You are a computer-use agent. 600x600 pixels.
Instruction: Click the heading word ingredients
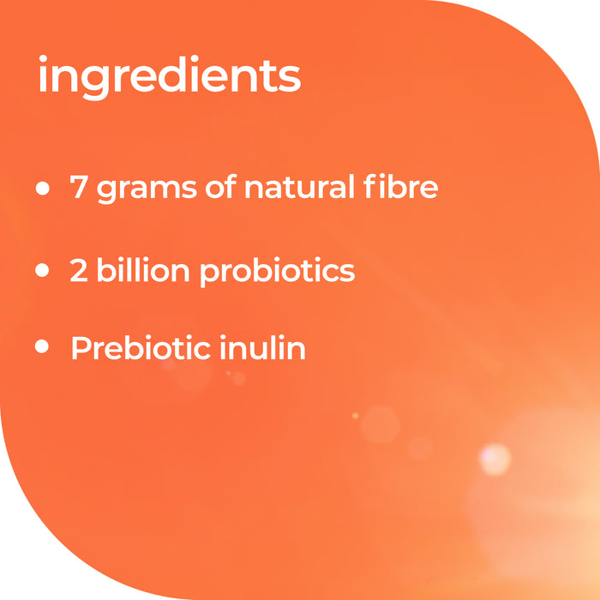(x=169, y=78)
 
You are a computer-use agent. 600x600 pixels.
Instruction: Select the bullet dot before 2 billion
(x=43, y=271)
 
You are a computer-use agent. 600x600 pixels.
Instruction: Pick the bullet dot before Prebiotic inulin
(x=43, y=348)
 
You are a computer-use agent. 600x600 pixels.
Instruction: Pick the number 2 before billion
(x=80, y=271)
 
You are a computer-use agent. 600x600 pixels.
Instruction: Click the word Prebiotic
(x=134, y=348)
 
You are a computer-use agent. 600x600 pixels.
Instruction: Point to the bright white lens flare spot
(x=495, y=459)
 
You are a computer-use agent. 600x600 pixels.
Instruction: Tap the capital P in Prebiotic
(x=81, y=348)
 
